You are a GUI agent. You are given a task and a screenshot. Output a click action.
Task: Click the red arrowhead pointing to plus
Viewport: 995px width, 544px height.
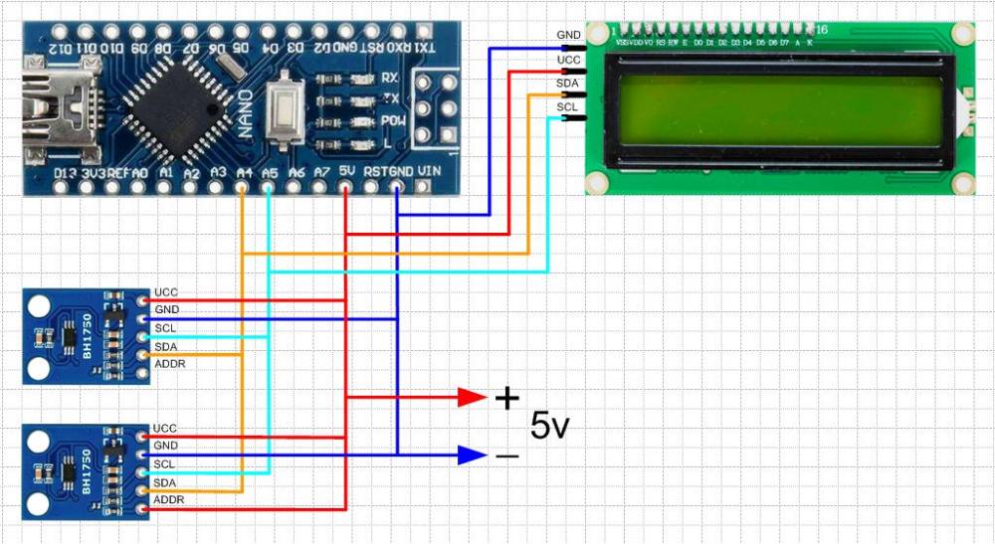[x=472, y=398]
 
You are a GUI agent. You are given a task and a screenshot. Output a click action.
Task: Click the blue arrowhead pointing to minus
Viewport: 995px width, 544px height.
[x=472, y=455]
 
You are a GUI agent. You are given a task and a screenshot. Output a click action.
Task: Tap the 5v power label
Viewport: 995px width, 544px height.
[x=550, y=426]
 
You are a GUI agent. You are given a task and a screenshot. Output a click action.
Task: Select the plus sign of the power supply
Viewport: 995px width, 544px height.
[x=506, y=399]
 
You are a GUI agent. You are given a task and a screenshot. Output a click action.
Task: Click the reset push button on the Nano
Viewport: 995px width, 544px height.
[x=286, y=106]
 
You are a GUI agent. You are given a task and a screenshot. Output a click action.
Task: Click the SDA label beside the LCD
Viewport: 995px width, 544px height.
[x=568, y=85]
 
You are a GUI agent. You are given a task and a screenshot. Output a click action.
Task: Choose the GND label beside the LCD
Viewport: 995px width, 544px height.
[x=568, y=35]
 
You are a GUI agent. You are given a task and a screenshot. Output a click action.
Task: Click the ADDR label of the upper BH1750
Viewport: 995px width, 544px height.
[x=169, y=364]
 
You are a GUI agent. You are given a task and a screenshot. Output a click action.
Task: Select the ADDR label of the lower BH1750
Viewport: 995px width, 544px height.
[x=169, y=499]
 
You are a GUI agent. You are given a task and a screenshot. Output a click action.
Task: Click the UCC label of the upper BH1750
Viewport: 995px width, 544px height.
[x=165, y=292]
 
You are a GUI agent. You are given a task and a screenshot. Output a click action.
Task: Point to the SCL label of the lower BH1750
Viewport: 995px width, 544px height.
[x=165, y=463]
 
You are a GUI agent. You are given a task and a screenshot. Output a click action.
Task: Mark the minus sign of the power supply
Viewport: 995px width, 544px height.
[x=506, y=456]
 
